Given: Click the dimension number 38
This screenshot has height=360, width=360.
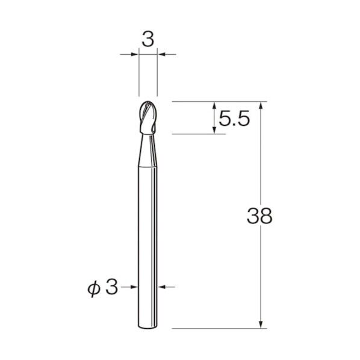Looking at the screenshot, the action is click(x=259, y=216).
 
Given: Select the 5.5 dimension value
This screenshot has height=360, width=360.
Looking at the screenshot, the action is click(x=234, y=118).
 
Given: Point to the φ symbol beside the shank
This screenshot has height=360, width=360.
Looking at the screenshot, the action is click(x=94, y=289).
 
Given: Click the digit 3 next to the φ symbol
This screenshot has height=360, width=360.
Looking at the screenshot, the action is click(x=112, y=287).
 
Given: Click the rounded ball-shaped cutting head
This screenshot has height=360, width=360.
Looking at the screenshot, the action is click(x=148, y=117).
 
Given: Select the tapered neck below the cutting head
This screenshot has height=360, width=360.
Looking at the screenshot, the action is click(x=148, y=151).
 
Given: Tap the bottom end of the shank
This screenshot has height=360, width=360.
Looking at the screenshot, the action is click(x=148, y=327).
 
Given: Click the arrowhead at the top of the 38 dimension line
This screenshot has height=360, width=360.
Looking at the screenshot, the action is click(x=261, y=105).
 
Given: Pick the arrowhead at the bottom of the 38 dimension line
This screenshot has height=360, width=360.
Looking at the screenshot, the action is click(x=261, y=324).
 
